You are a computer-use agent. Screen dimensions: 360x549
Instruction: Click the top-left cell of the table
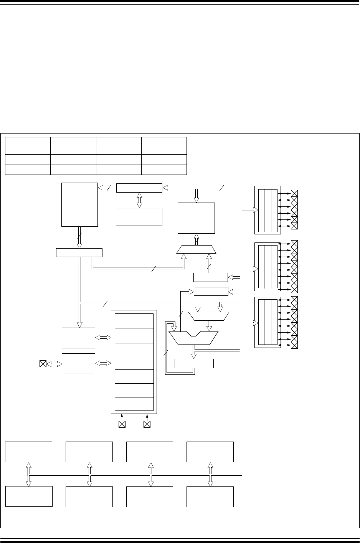pos(28,146)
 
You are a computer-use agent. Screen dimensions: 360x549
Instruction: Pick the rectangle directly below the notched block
pos(194,363)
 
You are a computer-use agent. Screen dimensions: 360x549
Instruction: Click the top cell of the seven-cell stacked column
pos(134,321)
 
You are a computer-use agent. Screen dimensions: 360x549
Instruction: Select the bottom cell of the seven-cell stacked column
pos(134,404)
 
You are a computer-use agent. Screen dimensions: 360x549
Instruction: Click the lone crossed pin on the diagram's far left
pos(43,364)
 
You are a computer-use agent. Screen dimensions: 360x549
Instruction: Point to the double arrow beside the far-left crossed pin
pos(54,364)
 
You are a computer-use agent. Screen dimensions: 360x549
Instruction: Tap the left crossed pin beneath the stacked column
pos(122,424)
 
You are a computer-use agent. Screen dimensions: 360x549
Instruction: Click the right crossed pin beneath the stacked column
pos(147,424)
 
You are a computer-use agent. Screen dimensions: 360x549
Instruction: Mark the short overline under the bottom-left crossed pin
pos(121,431)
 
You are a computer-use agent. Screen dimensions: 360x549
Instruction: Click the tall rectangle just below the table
pos(79,204)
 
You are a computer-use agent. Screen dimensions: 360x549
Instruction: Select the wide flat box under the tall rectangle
pos(79,252)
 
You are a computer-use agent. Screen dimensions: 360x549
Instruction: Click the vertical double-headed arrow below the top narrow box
pos(139,200)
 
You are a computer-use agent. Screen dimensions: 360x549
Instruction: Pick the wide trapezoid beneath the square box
pos(197,249)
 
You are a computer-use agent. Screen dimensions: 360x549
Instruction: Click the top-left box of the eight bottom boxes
pos(29,452)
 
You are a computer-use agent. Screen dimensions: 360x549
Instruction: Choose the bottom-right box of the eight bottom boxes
pos(210,496)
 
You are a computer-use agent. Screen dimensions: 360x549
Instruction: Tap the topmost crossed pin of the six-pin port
pos(294,193)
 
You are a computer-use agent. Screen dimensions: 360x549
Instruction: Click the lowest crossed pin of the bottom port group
pos(294,345)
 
